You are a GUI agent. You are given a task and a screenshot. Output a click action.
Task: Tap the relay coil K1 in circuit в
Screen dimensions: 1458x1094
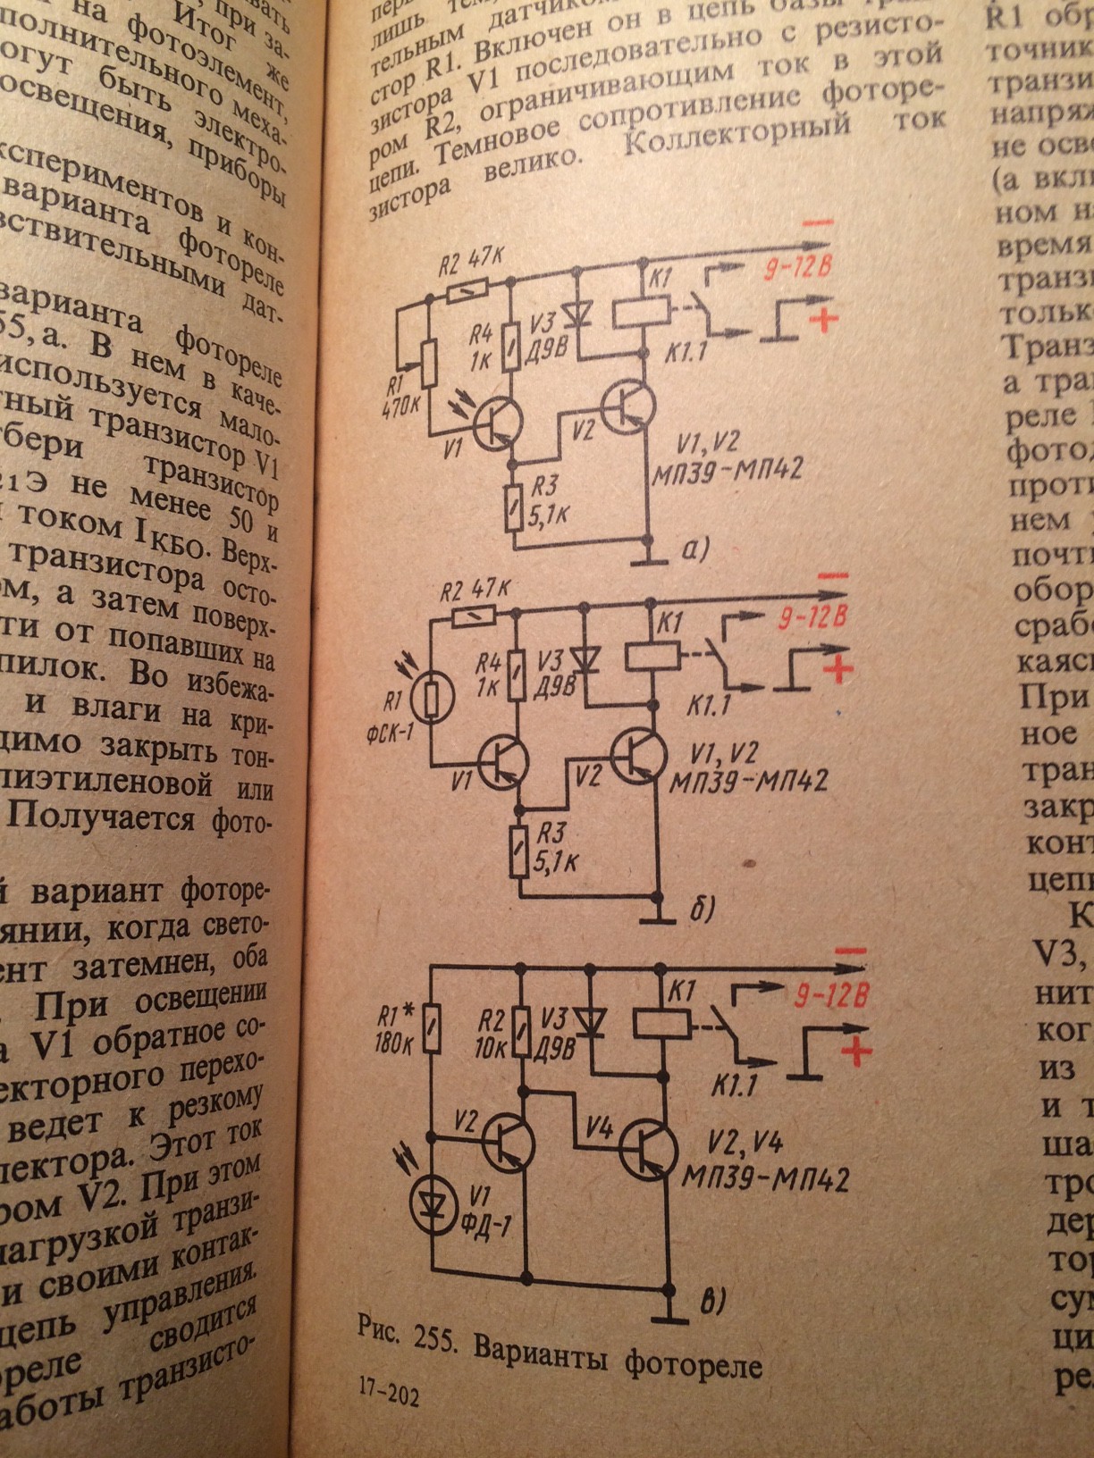click(x=662, y=1021)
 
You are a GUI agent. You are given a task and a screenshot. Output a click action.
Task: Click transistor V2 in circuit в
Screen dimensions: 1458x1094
click(x=509, y=1141)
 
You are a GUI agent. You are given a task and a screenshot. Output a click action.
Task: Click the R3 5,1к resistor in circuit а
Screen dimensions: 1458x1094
click(x=514, y=505)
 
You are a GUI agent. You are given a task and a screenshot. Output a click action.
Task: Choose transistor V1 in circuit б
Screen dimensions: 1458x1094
click(x=503, y=759)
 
